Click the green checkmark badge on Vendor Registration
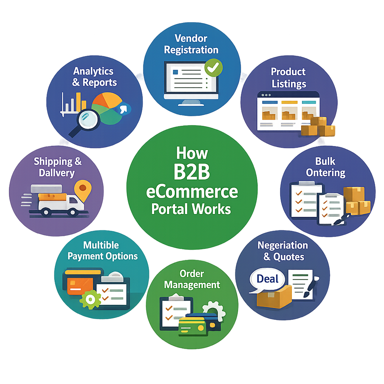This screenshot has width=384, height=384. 213,67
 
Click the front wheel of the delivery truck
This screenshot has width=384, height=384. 73,212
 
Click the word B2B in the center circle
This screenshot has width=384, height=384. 192,172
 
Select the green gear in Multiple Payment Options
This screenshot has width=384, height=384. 90,299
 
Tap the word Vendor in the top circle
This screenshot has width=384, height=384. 191,38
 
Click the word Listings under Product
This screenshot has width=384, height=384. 289,84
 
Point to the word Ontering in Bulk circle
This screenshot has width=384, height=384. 326,173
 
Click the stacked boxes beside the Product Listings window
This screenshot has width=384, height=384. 318,126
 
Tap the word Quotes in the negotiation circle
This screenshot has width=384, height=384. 289,257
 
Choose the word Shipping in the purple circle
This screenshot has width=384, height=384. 53,162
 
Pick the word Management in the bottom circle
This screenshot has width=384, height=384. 192,285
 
